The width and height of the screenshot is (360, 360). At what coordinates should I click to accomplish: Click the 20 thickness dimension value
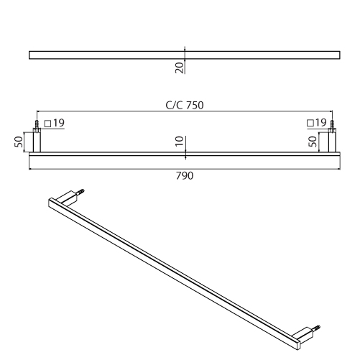(180, 68)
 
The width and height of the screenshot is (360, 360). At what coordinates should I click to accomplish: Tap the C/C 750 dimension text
(185, 106)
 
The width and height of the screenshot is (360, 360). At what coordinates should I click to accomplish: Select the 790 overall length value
(185, 176)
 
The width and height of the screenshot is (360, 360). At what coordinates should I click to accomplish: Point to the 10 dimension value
(180, 141)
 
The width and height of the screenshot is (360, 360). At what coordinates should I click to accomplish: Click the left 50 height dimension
(19, 142)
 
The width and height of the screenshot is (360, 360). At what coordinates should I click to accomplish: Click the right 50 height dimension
(313, 142)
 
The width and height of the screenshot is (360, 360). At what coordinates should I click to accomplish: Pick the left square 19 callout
(55, 123)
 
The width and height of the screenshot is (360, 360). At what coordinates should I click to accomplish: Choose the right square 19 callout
(316, 123)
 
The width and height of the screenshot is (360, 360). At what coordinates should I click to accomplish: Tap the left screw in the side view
(37, 124)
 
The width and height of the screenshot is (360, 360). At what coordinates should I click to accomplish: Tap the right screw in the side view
(332, 124)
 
